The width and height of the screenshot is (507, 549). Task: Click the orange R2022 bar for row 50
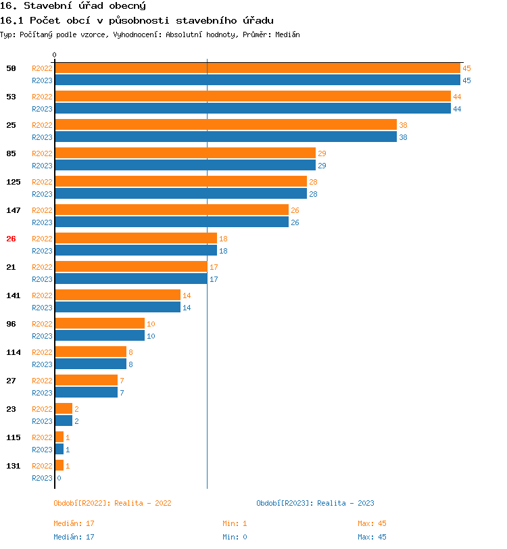[x=257, y=68]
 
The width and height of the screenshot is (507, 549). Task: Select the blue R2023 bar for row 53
[x=252, y=109]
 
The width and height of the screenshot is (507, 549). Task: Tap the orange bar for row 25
[x=225, y=125]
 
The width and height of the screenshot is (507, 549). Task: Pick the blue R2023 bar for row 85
[x=185, y=166]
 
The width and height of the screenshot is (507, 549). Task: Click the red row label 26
[x=11, y=239]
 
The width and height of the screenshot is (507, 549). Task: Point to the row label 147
[x=14, y=210]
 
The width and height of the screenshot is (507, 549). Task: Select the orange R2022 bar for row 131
[x=59, y=466]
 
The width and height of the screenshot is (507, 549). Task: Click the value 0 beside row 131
[x=59, y=478]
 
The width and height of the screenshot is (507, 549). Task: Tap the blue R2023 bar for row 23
[x=64, y=421]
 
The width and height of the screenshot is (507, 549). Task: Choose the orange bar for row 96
[x=99, y=324]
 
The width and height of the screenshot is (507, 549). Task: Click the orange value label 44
[x=457, y=97]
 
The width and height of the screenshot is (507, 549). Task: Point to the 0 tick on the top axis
[x=55, y=55]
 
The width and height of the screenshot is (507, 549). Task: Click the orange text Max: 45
[x=372, y=523]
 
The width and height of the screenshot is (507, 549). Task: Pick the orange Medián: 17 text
[x=74, y=523]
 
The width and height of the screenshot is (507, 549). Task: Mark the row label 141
[x=14, y=295]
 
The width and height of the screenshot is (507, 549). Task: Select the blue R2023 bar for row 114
[x=91, y=364]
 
